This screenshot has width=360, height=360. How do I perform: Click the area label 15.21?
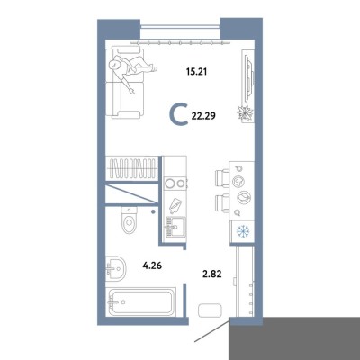196,72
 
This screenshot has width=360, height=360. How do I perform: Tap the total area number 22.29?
204,116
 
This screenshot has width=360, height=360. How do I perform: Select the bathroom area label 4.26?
152,265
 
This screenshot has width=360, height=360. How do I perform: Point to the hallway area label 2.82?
212,274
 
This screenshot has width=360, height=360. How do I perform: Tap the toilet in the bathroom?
129,220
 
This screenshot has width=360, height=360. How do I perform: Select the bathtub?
141,301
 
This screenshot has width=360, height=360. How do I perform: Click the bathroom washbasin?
116,268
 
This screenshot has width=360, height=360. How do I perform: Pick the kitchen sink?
175,227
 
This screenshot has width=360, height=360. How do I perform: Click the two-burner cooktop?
175,184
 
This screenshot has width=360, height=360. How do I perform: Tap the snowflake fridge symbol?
243,231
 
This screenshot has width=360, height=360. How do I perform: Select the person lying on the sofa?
132,71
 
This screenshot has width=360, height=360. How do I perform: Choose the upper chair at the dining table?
222,178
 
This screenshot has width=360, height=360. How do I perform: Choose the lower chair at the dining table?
222,203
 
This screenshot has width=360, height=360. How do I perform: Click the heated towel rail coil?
133,168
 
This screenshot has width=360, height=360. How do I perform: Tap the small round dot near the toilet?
153,212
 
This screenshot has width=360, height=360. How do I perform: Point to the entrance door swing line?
212,330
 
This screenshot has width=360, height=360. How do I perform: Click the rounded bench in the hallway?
210,310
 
